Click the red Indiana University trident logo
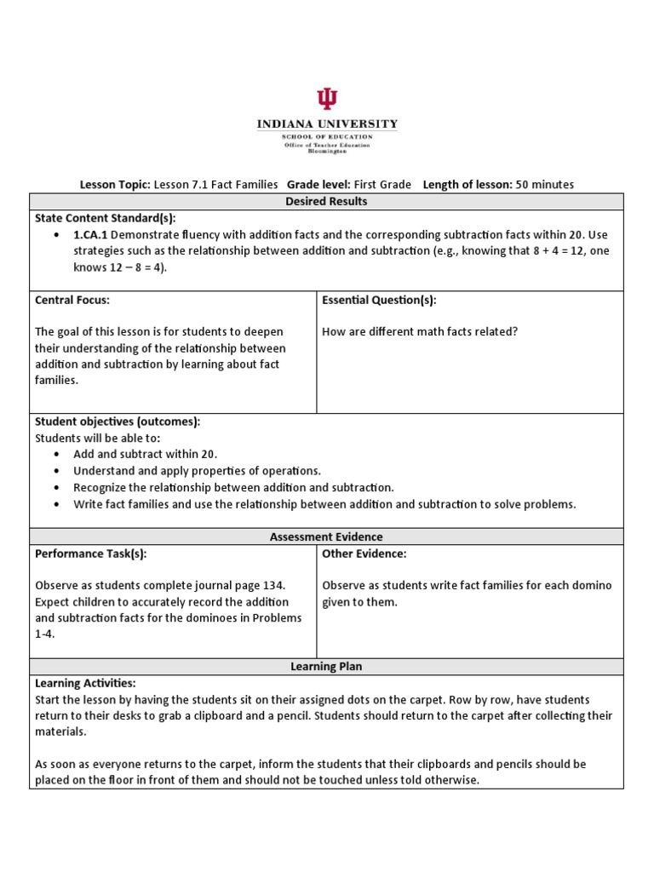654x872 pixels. pyautogui.click(x=327, y=100)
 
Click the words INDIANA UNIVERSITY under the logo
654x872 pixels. pyautogui.click(x=327, y=124)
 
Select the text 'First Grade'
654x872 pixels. pyautogui.click(x=383, y=184)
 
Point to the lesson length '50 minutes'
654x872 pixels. pyautogui.click(x=544, y=184)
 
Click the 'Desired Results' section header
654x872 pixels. pyautogui.click(x=327, y=202)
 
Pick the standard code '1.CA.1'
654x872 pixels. pyautogui.click(x=90, y=234)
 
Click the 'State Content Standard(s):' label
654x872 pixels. pyautogui.click(x=105, y=218)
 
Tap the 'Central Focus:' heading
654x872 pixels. pyautogui.click(x=72, y=300)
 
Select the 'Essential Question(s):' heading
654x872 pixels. pyautogui.click(x=379, y=300)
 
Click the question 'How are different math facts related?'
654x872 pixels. pyautogui.click(x=420, y=331)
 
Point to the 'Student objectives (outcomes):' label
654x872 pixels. pyautogui.click(x=118, y=422)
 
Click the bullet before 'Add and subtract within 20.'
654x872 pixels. pyautogui.click(x=55, y=455)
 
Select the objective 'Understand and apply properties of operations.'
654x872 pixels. pyautogui.click(x=197, y=471)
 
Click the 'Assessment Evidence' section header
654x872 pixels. pyautogui.click(x=327, y=536)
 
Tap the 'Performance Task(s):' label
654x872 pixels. pyautogui.click(x=91, y=554)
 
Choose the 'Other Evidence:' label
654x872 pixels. pyautogui.click(x=364, y=554)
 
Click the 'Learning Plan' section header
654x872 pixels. pyautogui.click(x=327, y=666)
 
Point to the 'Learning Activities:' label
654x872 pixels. pyautogui.click(x=85, y=683)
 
